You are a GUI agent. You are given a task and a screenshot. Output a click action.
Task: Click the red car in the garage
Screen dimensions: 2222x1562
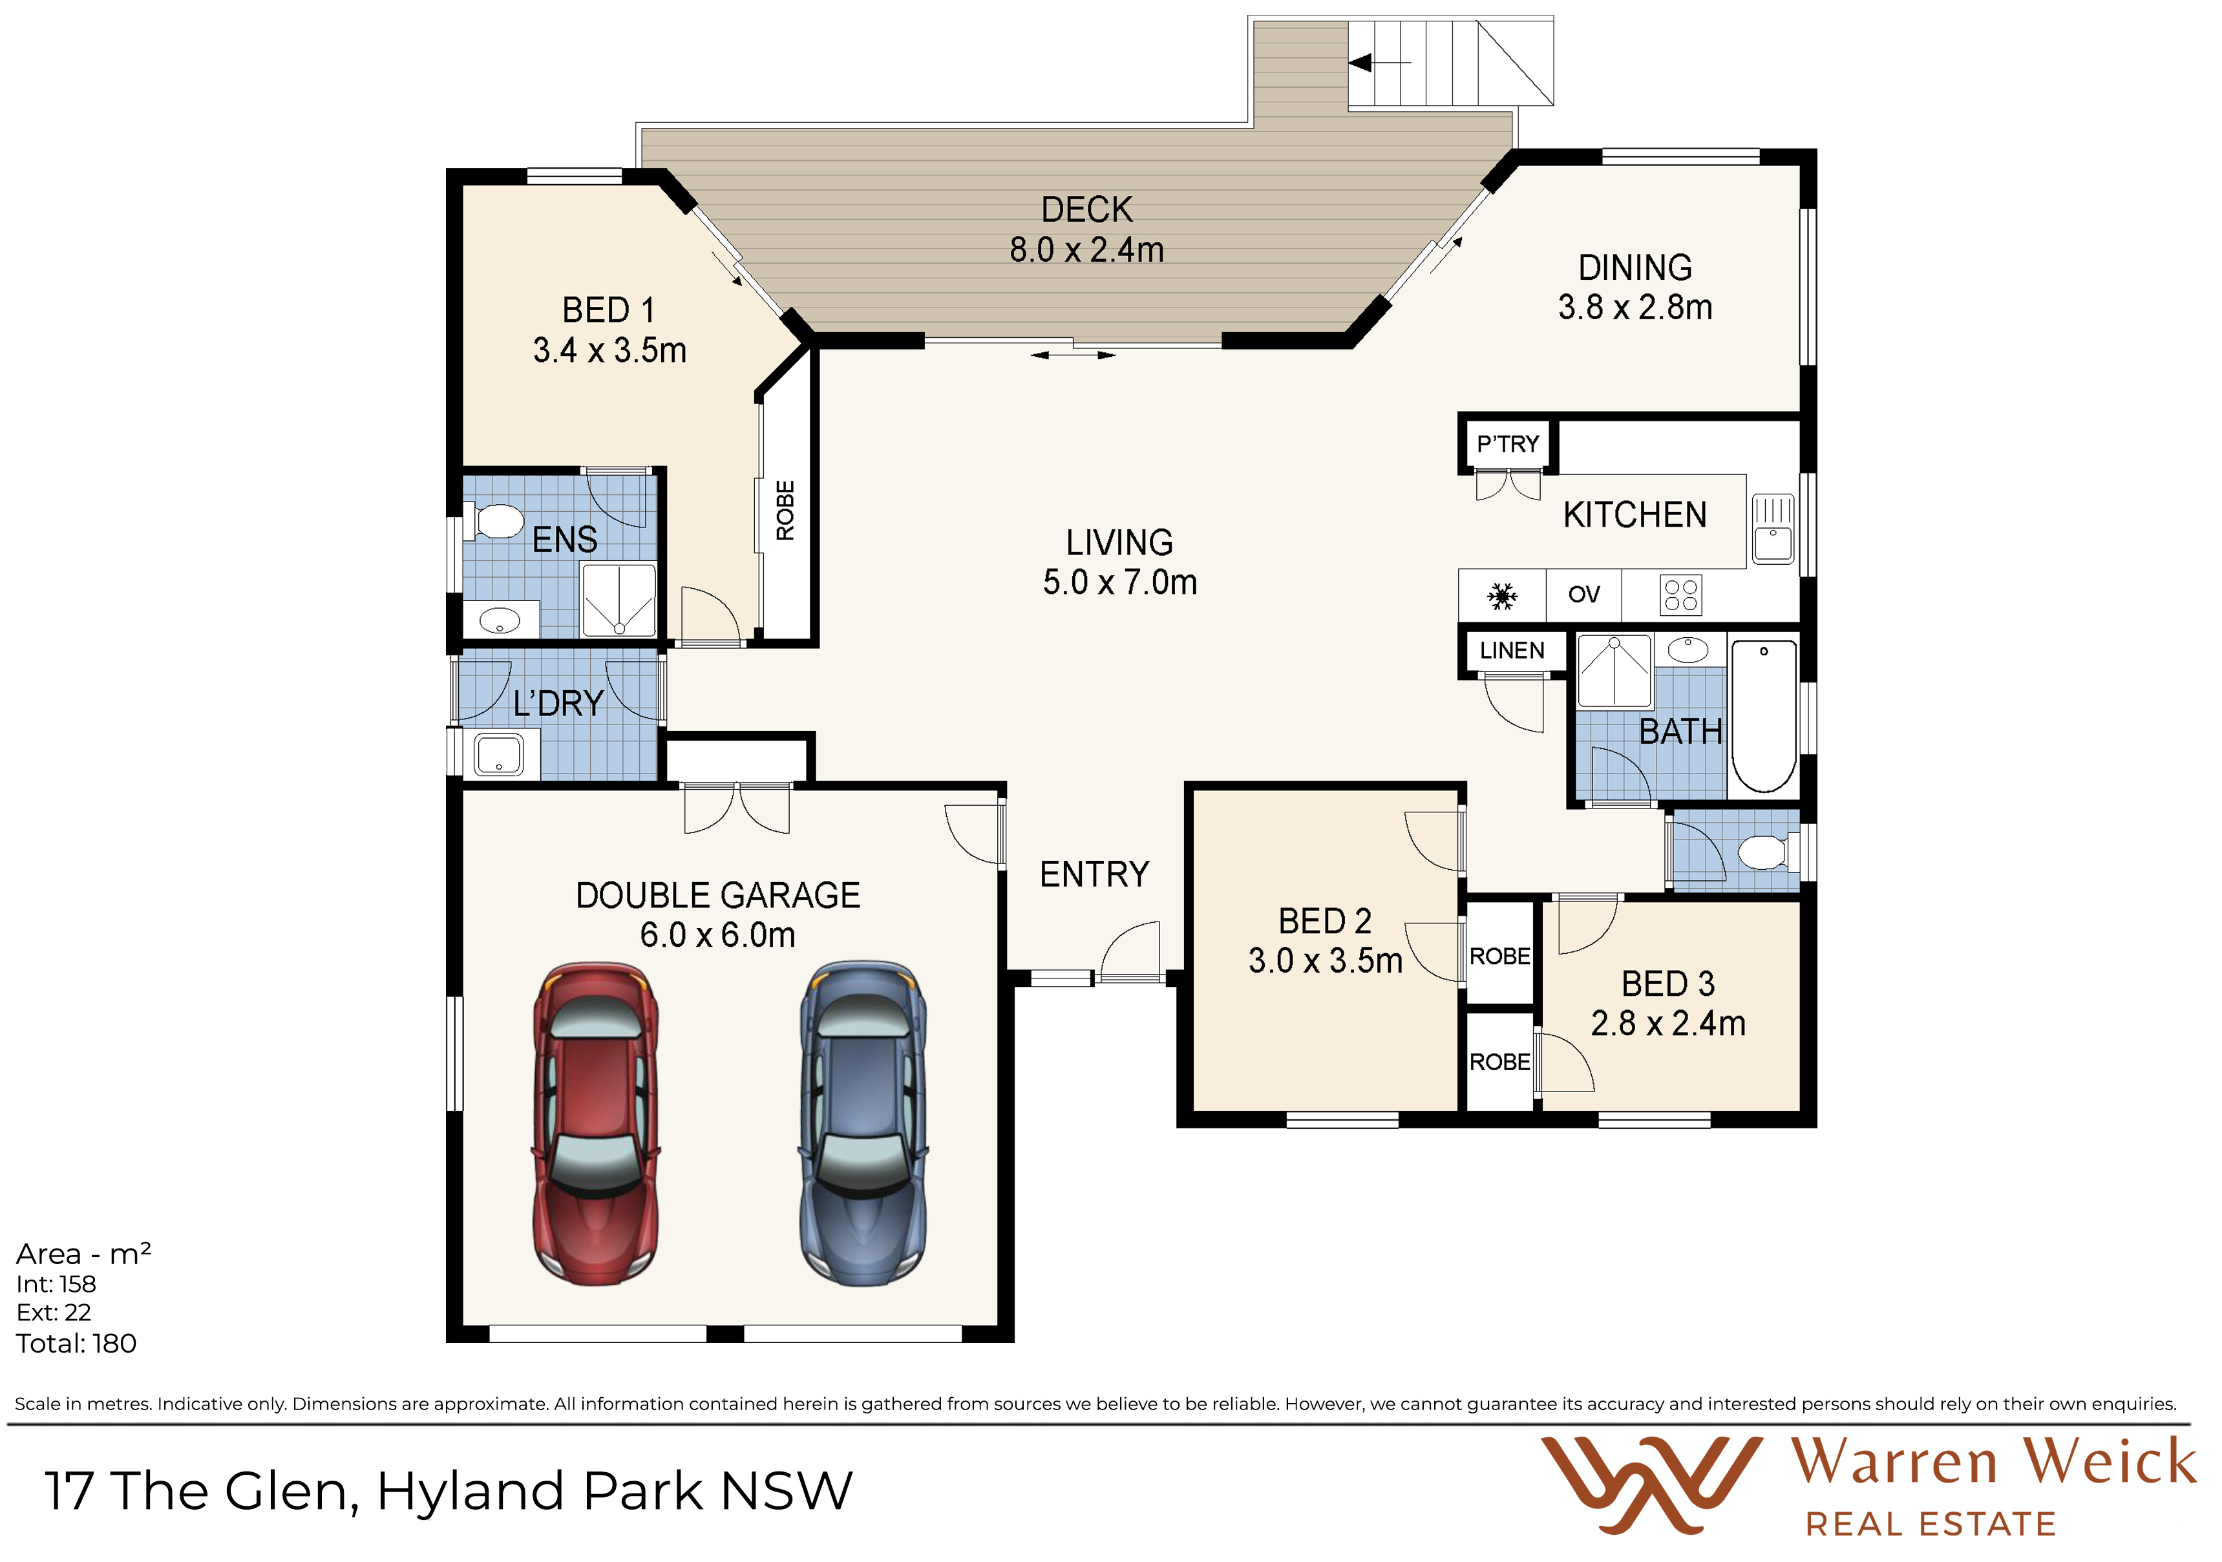[596, 1124]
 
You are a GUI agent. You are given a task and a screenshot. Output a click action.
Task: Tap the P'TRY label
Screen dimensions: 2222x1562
[1508, 444]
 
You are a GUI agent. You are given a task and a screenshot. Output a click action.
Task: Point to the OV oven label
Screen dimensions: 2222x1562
[1583, 594]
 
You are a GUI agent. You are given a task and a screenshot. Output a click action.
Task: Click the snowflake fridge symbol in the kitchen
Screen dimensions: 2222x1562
[1502, 596]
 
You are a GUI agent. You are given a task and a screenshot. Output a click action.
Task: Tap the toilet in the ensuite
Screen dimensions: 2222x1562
[494, 522]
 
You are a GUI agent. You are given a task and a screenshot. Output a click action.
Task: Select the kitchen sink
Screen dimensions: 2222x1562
[1773, 529]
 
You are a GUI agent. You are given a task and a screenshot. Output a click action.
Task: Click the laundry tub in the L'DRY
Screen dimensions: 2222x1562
[498, 754]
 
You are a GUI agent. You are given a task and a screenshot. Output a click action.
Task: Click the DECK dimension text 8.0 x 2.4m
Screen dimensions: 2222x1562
[1087, 249]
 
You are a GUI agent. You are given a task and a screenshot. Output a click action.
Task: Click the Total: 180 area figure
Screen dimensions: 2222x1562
[76, 1344]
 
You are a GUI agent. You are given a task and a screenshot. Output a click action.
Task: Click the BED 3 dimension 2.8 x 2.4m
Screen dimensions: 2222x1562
[1668, 1024]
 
